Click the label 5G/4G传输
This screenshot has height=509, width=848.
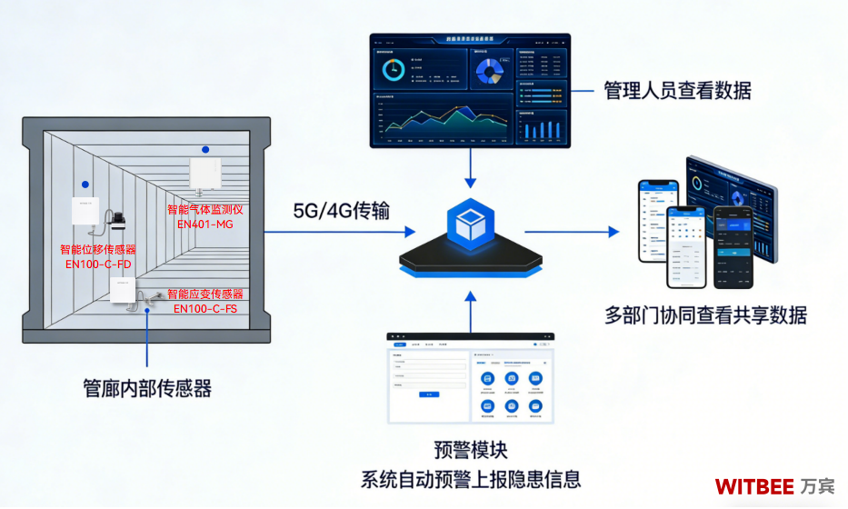341,212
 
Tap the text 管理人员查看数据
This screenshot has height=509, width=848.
677,90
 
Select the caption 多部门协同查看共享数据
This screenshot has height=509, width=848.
705,315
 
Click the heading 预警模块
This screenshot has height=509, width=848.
471,450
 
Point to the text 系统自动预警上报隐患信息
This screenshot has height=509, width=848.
471,479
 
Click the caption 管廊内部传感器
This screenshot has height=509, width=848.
147,388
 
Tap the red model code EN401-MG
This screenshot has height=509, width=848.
205,224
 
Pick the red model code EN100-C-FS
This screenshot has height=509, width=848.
205,309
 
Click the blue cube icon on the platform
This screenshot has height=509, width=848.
470,223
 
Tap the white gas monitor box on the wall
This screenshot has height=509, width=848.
205,173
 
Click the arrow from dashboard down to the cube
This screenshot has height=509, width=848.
470,168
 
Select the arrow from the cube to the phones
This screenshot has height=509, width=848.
573,232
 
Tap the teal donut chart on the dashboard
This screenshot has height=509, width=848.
395,69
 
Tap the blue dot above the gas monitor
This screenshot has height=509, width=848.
205,149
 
